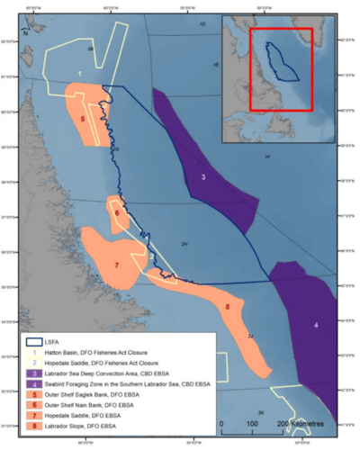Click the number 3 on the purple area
[x=203, y=177]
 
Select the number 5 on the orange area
[x=83, y=118]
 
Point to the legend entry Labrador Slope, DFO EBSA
[x=82, y=426]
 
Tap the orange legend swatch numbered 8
[x=32, y=426]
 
